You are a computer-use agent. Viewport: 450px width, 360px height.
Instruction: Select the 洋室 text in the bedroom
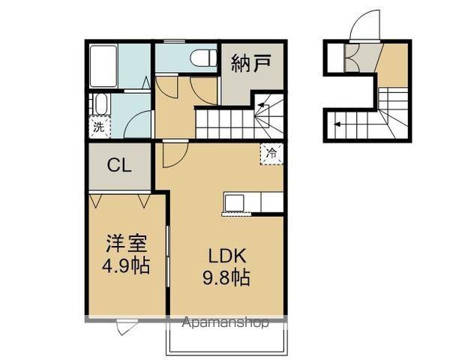125,244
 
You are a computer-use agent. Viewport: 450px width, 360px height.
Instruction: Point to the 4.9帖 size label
125,266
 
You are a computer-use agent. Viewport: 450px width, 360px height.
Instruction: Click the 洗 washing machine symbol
99,127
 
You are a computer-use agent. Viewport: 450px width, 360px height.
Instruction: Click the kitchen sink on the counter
233,202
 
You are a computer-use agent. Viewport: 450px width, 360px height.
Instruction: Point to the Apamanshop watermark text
227,324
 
